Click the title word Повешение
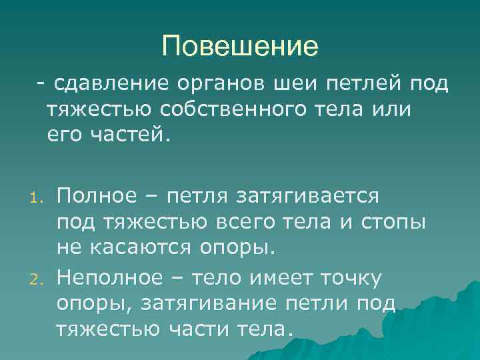pos(240,46)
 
